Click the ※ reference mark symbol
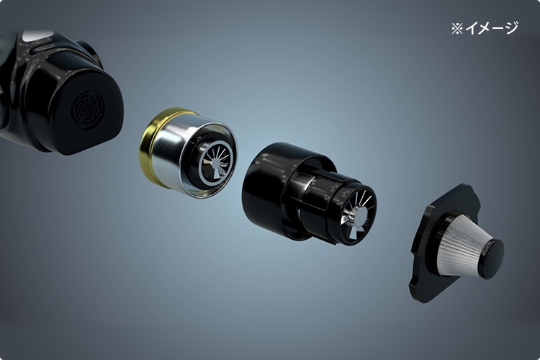point(457,29)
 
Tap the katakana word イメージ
point(492,28)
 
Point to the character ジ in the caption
point(511,28)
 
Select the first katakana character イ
point(471,29)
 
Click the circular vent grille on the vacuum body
point(88,110)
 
